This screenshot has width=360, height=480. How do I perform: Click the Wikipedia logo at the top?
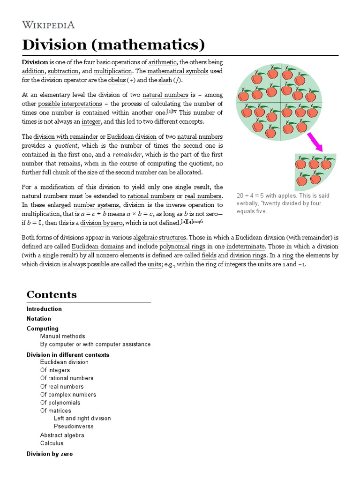tap(48, 25)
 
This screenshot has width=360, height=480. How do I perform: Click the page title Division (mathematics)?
tap(113, 45)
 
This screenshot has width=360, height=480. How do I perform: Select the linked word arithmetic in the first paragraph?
tap(162, 62)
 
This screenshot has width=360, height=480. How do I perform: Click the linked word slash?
tap(165, 80)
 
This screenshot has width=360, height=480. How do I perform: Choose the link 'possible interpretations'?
tap(70, 104)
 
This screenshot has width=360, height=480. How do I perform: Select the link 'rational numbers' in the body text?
tap(151, 195)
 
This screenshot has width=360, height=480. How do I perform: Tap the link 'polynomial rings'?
tap(181, 247)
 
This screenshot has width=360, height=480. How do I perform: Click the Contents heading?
tap(52, 295)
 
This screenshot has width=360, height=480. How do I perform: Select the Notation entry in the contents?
tap(39, 319)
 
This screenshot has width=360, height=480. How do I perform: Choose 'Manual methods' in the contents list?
tap(62, 336)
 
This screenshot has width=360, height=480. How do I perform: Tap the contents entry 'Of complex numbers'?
tap(68, 395)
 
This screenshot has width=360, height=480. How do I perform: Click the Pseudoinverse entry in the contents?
tap(74, 427)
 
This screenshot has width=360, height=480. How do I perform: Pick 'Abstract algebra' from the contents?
tap(62, 435)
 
